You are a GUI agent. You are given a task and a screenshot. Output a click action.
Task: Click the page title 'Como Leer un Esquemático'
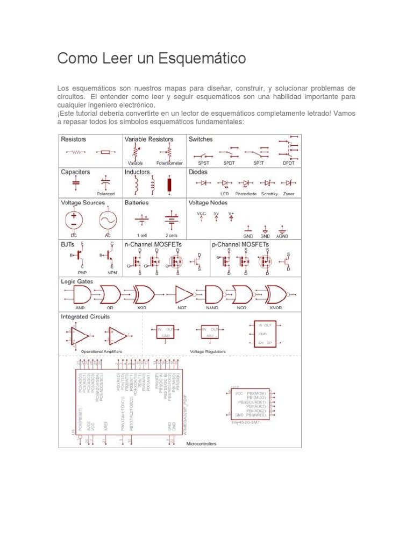coord(152,58)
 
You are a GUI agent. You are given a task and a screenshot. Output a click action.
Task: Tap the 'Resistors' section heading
coord(74,139)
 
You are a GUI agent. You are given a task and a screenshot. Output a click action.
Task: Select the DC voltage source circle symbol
coord(74,220)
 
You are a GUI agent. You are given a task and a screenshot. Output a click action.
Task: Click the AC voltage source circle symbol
coord(108,220)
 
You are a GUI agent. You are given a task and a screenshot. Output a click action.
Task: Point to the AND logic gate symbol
coord(81,294)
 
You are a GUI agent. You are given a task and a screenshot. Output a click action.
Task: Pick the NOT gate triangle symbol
coord(183,294)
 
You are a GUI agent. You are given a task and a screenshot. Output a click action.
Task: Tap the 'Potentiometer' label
coord(169,163)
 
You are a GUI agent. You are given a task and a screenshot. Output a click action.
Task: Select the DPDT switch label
coord(289,163)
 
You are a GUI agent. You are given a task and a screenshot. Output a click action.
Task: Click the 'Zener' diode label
coord(289,194)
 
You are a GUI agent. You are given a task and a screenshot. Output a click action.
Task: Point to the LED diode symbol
coord(225,183)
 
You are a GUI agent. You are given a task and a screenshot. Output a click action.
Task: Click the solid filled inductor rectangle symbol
coord(170,185)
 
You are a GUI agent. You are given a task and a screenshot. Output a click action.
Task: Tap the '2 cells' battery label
coord(172,236)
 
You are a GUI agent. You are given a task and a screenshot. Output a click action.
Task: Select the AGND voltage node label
coord(282,236)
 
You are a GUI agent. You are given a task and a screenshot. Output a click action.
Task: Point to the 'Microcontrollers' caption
coord(201,444)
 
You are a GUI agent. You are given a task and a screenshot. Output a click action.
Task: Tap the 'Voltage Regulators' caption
coord(208,351)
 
